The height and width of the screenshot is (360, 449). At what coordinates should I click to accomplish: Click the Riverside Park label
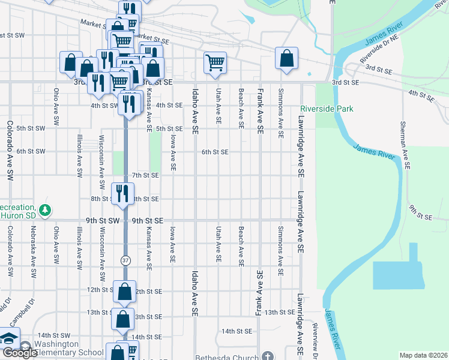(x=327, y=109)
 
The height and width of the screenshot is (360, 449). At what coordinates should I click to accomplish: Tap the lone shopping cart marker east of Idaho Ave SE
(x=215, y=62)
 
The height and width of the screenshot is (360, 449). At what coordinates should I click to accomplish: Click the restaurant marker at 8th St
(x=122, y=193)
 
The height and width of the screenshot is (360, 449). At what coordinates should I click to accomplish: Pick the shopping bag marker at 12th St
(x=124, y=292)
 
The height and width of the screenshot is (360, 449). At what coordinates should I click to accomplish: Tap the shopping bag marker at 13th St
(x=122, y=319)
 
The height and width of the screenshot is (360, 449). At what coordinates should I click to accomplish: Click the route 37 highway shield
(x=125, y=260)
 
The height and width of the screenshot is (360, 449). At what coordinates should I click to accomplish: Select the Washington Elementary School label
(x=65, y=349)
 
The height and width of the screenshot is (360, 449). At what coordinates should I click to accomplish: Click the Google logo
(x=19, y=353)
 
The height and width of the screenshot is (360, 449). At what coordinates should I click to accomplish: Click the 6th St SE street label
(x=214, y=152)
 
